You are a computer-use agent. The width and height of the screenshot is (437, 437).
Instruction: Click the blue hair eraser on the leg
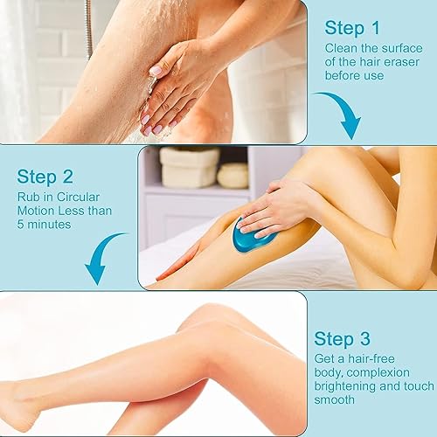(254, 236)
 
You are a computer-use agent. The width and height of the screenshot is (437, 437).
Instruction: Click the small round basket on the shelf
(232, 175)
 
